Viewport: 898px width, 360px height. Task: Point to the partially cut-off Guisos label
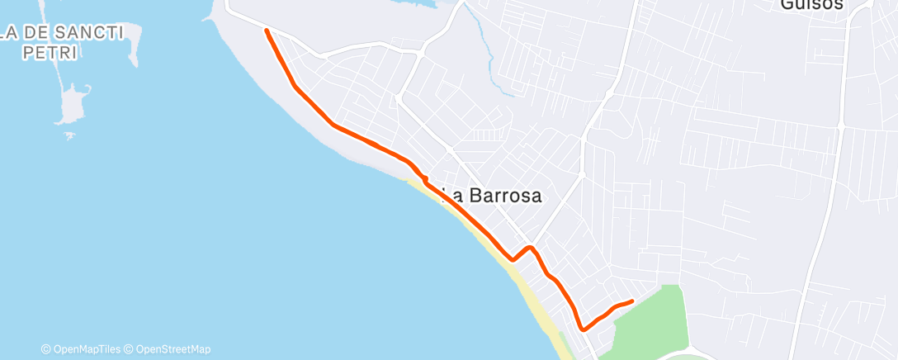pos(811,5)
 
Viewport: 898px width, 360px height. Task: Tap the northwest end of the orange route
pos(266,31)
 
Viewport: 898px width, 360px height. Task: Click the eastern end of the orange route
pos(631,301)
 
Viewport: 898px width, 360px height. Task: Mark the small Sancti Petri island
pos(73,106)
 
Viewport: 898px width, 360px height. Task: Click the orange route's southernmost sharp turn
pos(583,329)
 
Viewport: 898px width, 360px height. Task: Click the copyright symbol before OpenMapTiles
pos(46,348)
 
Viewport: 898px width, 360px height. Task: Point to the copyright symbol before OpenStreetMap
pos(130,348)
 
